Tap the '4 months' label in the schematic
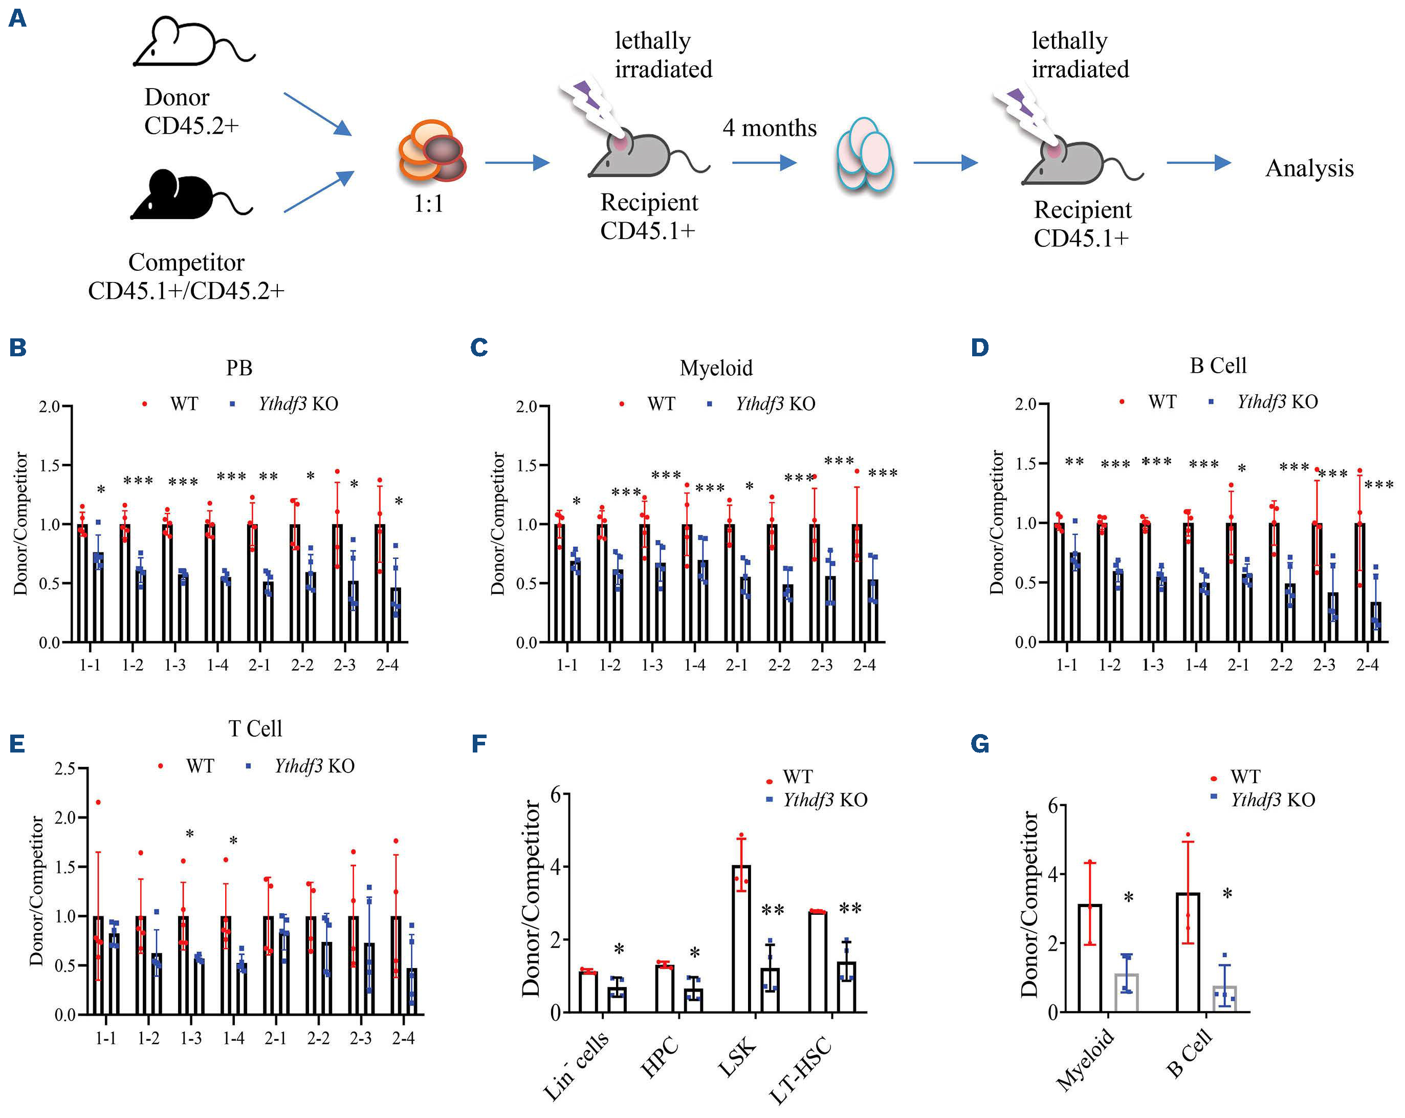(769, 128)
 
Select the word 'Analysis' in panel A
(1309, 168)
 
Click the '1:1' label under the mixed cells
(428, 203)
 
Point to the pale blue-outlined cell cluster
(865, 155)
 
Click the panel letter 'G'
(979, 744)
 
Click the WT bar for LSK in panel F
(741, 939)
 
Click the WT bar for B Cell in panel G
(1188, 953)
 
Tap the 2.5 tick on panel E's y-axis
(65, 768)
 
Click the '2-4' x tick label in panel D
(1367, 665)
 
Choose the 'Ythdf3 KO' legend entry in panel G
(1272, 800)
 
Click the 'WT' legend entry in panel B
(183, 404)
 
